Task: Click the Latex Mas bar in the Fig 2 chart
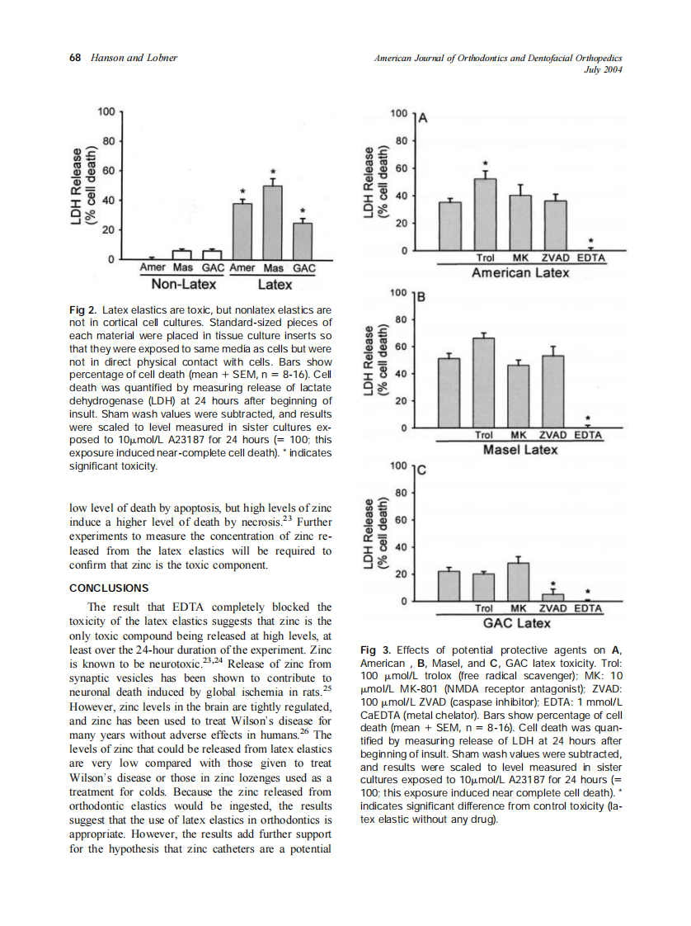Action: (273, 222)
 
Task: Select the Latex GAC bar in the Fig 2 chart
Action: (303, 241)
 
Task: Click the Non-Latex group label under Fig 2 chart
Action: (184, 285)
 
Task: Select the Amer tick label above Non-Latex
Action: (153, 268)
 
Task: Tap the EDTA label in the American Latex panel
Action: (590, 258)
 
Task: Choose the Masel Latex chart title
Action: (519, 450)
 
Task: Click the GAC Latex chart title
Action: (517, 622)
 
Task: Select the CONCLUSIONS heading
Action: (109, 588)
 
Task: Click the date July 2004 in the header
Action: (601, 69)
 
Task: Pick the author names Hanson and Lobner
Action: (134, 58)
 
